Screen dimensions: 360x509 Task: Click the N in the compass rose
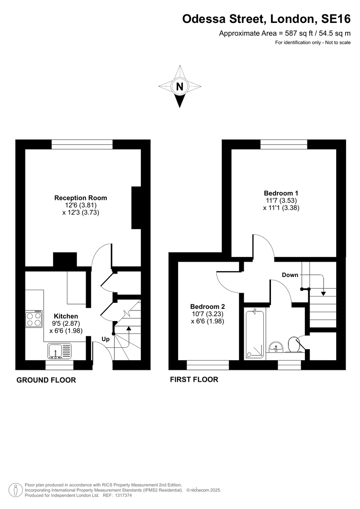[x=180, y=87]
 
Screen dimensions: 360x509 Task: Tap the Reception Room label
[x=81, y=198]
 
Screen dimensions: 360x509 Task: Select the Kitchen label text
[x=66, y=316]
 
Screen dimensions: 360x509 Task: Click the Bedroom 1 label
[x=281, y=193]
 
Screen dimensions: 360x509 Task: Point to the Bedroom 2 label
[x=208, y=307]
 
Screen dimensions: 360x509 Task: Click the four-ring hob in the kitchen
[x=34, y=319]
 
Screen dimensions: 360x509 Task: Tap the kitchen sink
[x=59, y=351]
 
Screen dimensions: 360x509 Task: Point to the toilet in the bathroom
[x=296, y=345]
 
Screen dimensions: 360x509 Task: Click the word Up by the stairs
[x=106, y=339]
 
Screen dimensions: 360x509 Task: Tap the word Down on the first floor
[x=290, y=275]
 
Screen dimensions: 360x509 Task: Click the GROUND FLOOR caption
[x=46, y=380]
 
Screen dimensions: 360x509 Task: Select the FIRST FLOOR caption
[x=194, y=380]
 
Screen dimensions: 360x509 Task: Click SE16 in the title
[x=336, y=19]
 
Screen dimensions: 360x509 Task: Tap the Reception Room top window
[x=82, y=145]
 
